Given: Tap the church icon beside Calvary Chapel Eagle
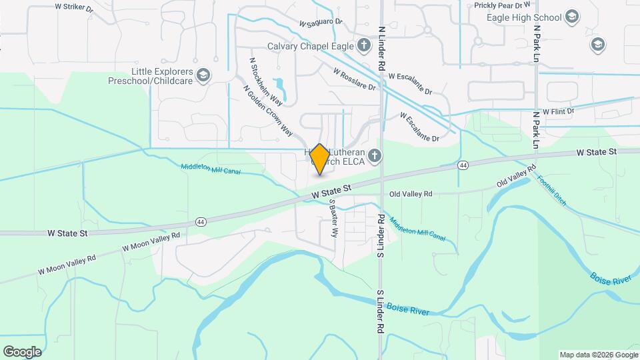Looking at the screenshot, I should click(364, 46).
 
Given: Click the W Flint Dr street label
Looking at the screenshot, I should click(558, 111).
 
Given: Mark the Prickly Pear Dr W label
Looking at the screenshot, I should click(501, 5).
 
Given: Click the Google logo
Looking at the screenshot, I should click(22, 351).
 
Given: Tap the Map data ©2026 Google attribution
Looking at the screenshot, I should click(597, 355).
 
